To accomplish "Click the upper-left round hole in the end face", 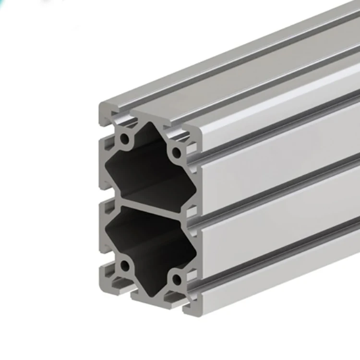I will coord(125,140).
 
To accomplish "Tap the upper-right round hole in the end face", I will coord(176,154).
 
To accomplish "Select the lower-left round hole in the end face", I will coord(125,265).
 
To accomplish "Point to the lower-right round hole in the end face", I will coord(176,278).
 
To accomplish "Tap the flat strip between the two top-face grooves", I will coord(250,67).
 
